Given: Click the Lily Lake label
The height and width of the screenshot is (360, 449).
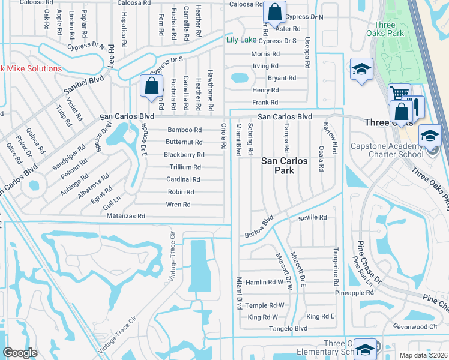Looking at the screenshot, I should [241, 40].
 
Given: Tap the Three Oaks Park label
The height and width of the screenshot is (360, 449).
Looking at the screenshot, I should [388, 29].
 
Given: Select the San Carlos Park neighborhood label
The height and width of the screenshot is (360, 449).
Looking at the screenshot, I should [285, 166].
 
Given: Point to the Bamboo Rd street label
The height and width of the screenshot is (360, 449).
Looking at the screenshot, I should [184, 130].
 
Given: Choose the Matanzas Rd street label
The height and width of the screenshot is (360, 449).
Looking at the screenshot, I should [125, 215].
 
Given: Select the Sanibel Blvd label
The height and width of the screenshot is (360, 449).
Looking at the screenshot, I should [84, 84].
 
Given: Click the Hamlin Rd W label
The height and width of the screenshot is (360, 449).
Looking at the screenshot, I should [264, 282].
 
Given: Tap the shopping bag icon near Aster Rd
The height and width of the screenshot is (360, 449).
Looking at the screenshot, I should [274, 13].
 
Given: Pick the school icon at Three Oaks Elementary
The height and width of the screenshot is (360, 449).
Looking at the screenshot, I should [364, 349].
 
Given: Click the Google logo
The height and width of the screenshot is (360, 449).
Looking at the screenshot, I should [20, 353].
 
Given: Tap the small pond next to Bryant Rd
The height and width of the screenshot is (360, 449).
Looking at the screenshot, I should [239, 77].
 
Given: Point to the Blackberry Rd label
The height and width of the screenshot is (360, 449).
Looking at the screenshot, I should [184, 154].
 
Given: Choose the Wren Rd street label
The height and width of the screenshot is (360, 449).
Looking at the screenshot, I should [178, 205].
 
